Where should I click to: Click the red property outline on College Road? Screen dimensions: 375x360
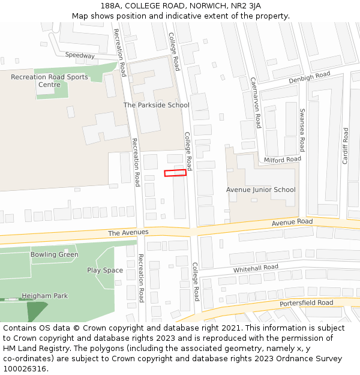175,173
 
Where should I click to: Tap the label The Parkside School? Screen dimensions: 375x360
156,105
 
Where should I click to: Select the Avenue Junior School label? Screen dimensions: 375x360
260,190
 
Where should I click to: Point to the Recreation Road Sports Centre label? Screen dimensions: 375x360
49,81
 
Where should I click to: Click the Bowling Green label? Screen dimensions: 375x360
55,254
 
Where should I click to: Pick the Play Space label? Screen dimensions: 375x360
105,270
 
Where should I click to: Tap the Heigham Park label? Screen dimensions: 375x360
45,296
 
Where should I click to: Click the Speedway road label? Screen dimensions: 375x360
80,55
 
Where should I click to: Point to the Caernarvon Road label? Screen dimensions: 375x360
256,102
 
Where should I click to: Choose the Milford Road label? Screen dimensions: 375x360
283,159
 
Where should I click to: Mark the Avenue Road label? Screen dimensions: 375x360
292,222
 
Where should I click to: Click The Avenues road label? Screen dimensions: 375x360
128,232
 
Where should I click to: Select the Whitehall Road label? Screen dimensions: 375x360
256,268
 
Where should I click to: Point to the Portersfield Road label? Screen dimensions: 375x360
306,303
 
